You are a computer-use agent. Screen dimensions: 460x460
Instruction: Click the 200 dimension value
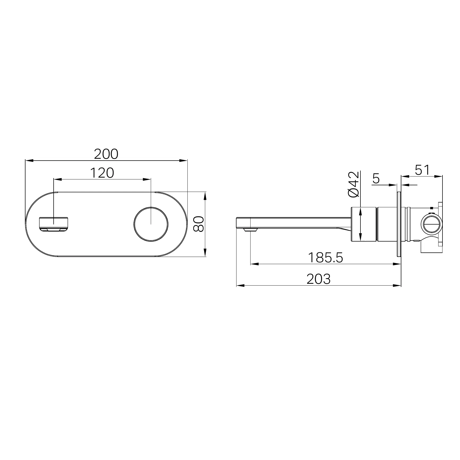point(106,154)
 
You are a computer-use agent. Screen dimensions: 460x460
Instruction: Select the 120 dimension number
point(102,173)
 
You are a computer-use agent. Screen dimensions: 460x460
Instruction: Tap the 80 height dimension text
point(198,224)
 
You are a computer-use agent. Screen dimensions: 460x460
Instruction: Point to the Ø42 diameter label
point(354,184)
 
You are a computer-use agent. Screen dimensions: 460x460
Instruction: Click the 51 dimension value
point(422,170)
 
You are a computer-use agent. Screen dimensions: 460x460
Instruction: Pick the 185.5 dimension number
point(325,257)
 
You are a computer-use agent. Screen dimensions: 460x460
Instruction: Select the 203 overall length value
point(319,279)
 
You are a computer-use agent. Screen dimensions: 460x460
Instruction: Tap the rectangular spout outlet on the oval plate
point(54,224)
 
